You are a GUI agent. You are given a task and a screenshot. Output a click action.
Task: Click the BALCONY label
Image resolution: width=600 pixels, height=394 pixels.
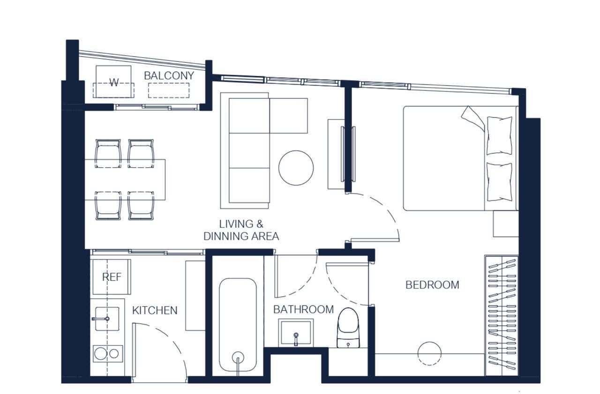point(169,76)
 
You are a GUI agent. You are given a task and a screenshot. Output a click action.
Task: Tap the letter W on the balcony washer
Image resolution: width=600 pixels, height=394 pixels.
point(114,82)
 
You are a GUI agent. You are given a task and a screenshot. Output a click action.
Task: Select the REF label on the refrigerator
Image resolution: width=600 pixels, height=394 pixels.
point(112,277)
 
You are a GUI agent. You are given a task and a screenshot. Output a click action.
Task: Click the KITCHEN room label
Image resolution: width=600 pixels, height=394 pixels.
point(155,311)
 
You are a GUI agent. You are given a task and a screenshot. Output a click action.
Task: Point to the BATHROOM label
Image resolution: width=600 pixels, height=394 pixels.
point(303,309)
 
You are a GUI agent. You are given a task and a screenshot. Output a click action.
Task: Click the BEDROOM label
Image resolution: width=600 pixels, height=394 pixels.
point(432,285)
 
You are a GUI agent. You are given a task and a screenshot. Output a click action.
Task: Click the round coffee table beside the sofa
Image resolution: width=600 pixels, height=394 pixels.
point(296,168)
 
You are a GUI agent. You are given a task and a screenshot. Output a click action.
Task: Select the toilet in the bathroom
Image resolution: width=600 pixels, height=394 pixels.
point(348,327)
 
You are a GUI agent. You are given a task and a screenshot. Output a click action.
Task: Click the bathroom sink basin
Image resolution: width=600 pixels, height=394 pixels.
point(296,333)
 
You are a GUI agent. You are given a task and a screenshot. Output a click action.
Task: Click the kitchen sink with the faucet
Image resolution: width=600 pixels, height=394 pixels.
point(107,319)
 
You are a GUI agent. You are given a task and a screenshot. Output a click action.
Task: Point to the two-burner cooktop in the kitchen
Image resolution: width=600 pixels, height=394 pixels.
point(108,354)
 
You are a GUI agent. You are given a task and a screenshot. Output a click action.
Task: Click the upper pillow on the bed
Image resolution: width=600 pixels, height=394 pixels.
point(499,135)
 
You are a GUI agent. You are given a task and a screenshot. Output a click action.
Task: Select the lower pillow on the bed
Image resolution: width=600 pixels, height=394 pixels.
point(499,182)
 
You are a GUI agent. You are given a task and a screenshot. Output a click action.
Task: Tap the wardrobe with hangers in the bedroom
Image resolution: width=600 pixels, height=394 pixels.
point(502,316)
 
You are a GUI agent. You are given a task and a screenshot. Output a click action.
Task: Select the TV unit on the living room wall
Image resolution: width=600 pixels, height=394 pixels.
point(348,154)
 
